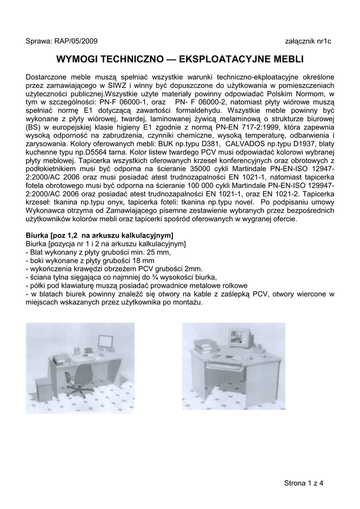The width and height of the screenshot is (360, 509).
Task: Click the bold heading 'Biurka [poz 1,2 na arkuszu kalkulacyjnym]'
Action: click(99, 234)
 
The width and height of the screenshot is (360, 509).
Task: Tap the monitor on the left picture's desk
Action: click(105, 343)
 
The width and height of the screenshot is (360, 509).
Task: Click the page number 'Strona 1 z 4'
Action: click(303, 483)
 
